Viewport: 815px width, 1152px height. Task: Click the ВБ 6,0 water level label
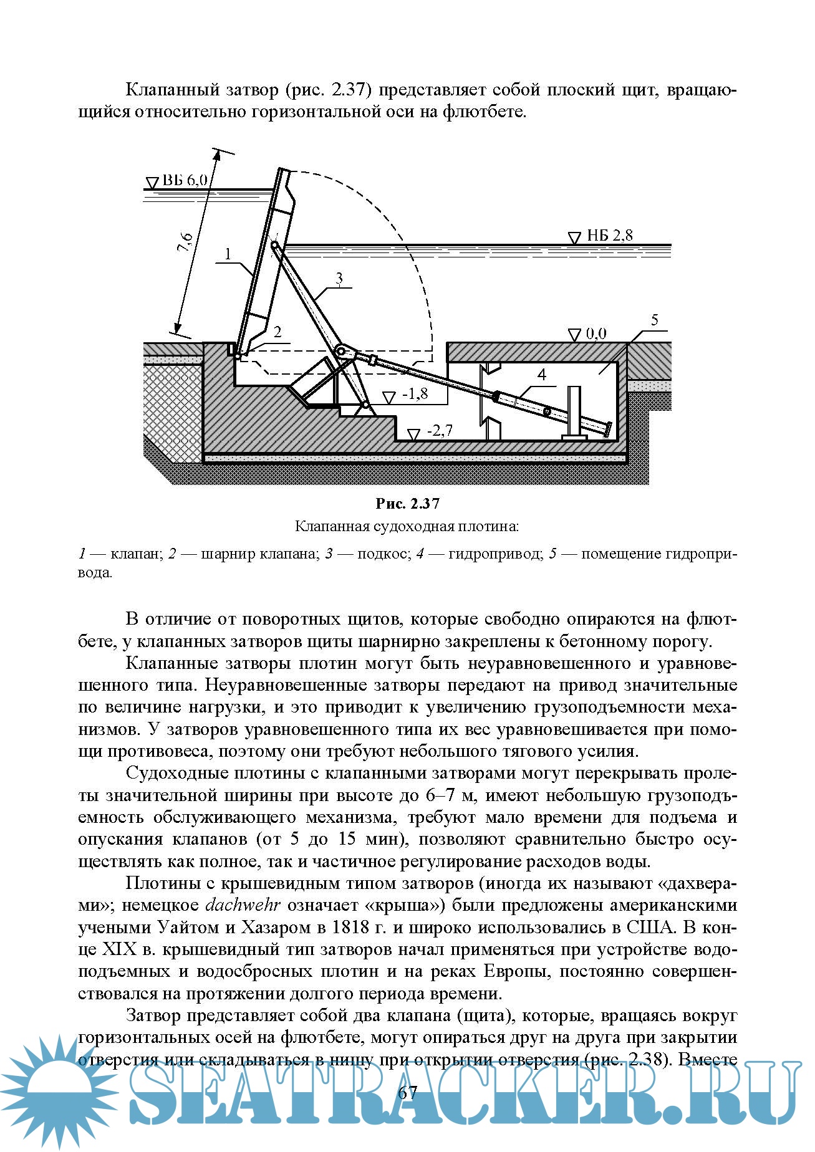(x=185, y=180)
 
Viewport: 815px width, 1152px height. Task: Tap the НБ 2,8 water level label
(x=609, y=236)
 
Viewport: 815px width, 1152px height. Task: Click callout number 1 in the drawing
(x=228, y=254)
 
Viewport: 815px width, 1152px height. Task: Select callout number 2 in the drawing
(x=277, y=332)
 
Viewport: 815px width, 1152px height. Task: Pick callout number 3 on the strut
(x=339, y=278)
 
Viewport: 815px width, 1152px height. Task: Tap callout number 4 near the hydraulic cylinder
(x=541, y=374)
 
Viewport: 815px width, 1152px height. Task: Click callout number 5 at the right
(x=654, y=320)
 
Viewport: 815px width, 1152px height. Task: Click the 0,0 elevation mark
(x=596, y=334)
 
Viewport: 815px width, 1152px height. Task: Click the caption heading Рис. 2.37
(x=407, y=503)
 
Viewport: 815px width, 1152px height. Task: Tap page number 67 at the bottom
(x=407, y=1092)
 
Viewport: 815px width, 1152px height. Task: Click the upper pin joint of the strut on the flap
(x=274, y=246)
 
